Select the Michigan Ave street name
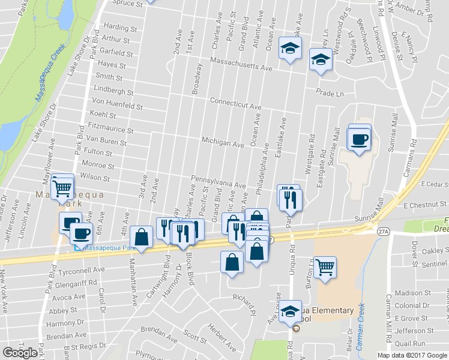pyautogui.click(x=223, y=142)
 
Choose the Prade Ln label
pyautogui.click(x=331, y=94)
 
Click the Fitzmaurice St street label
pyautogui.click(x=110, y=128)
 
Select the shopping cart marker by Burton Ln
pyautogui.click(x=325, y=266)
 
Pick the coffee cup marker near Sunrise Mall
pyautogui.click(x=360, y=139)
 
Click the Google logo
pyautogui.click(x=20, y=353)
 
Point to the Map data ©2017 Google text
pyautogui.click(x=412, y=355)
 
